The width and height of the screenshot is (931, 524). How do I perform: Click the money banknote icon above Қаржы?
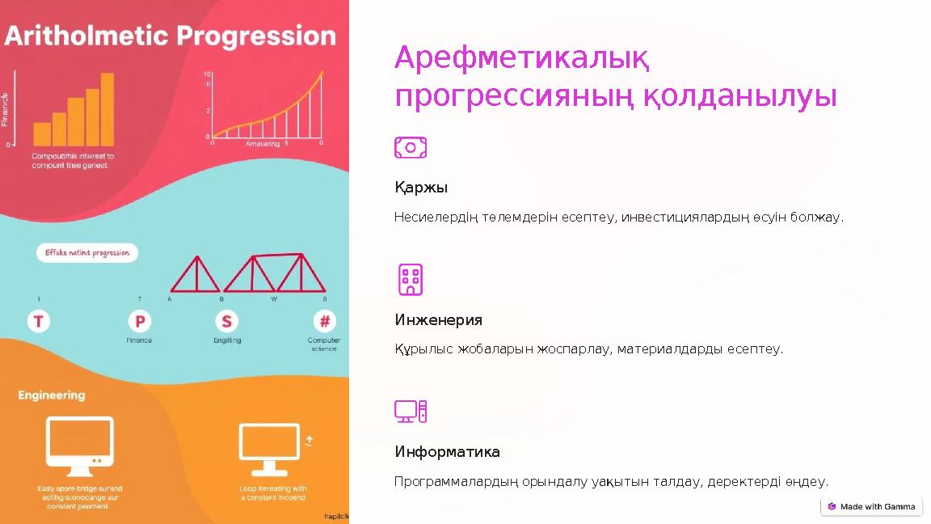click(411, 147)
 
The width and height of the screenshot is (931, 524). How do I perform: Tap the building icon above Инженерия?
click(411, 279)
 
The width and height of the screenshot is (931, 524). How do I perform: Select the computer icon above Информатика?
click(411, 412)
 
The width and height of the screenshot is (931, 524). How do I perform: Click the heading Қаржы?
click(421, 188)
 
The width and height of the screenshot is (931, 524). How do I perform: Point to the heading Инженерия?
click(439, 320)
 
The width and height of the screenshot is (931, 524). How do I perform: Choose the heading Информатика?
click(448, 452)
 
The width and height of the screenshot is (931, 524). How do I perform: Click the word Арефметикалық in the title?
click(522, 58)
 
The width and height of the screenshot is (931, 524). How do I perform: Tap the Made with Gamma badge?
click(871, 507)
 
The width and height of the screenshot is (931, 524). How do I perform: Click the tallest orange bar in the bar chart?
click(107, 109)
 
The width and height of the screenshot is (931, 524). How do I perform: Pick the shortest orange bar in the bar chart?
click(42, 134)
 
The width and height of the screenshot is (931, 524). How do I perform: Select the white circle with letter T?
click(39, 321)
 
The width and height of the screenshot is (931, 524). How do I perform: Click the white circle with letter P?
click(139, 321)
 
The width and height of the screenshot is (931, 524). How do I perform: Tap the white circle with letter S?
click(226, 321)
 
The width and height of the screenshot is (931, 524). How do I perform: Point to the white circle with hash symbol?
click(324, 321)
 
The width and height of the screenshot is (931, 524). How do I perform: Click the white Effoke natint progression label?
click(87, 253)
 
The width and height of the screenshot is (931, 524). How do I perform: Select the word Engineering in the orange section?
click(52, 395)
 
